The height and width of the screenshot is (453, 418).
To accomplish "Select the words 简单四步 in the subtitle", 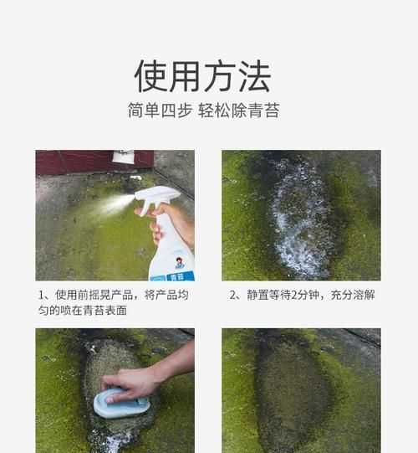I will pyautogui.click(x=159, y=111).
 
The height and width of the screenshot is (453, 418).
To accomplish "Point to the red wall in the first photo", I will pyautogui.click(x=75, y=162).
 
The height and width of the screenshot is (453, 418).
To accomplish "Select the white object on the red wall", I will pyautogui.click(x=123, y=157).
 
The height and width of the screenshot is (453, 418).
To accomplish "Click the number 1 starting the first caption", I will pyautogui.click(x=43, y=295).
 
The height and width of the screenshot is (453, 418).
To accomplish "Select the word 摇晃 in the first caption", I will pyautogui.click(x=107, y=295).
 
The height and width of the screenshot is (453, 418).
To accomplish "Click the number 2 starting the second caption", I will pyautogui.click(x=233, y=295).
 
